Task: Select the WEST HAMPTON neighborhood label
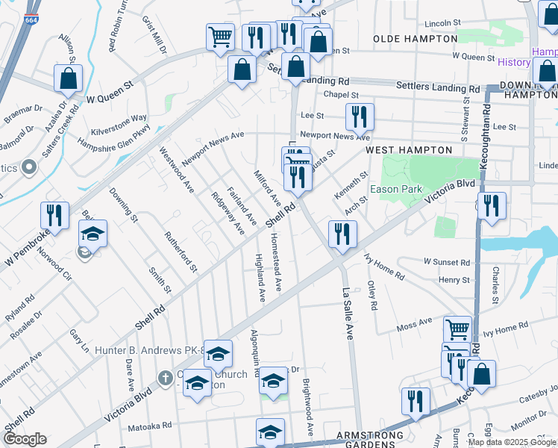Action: click(409, 150)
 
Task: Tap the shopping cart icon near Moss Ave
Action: click(457, 329)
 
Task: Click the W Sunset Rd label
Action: click(447, 263)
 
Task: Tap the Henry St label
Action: click(454, 280)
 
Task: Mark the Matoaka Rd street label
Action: click(150, 426)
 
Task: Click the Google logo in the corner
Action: click(25, 439)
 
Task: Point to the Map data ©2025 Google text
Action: click(510, 442)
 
